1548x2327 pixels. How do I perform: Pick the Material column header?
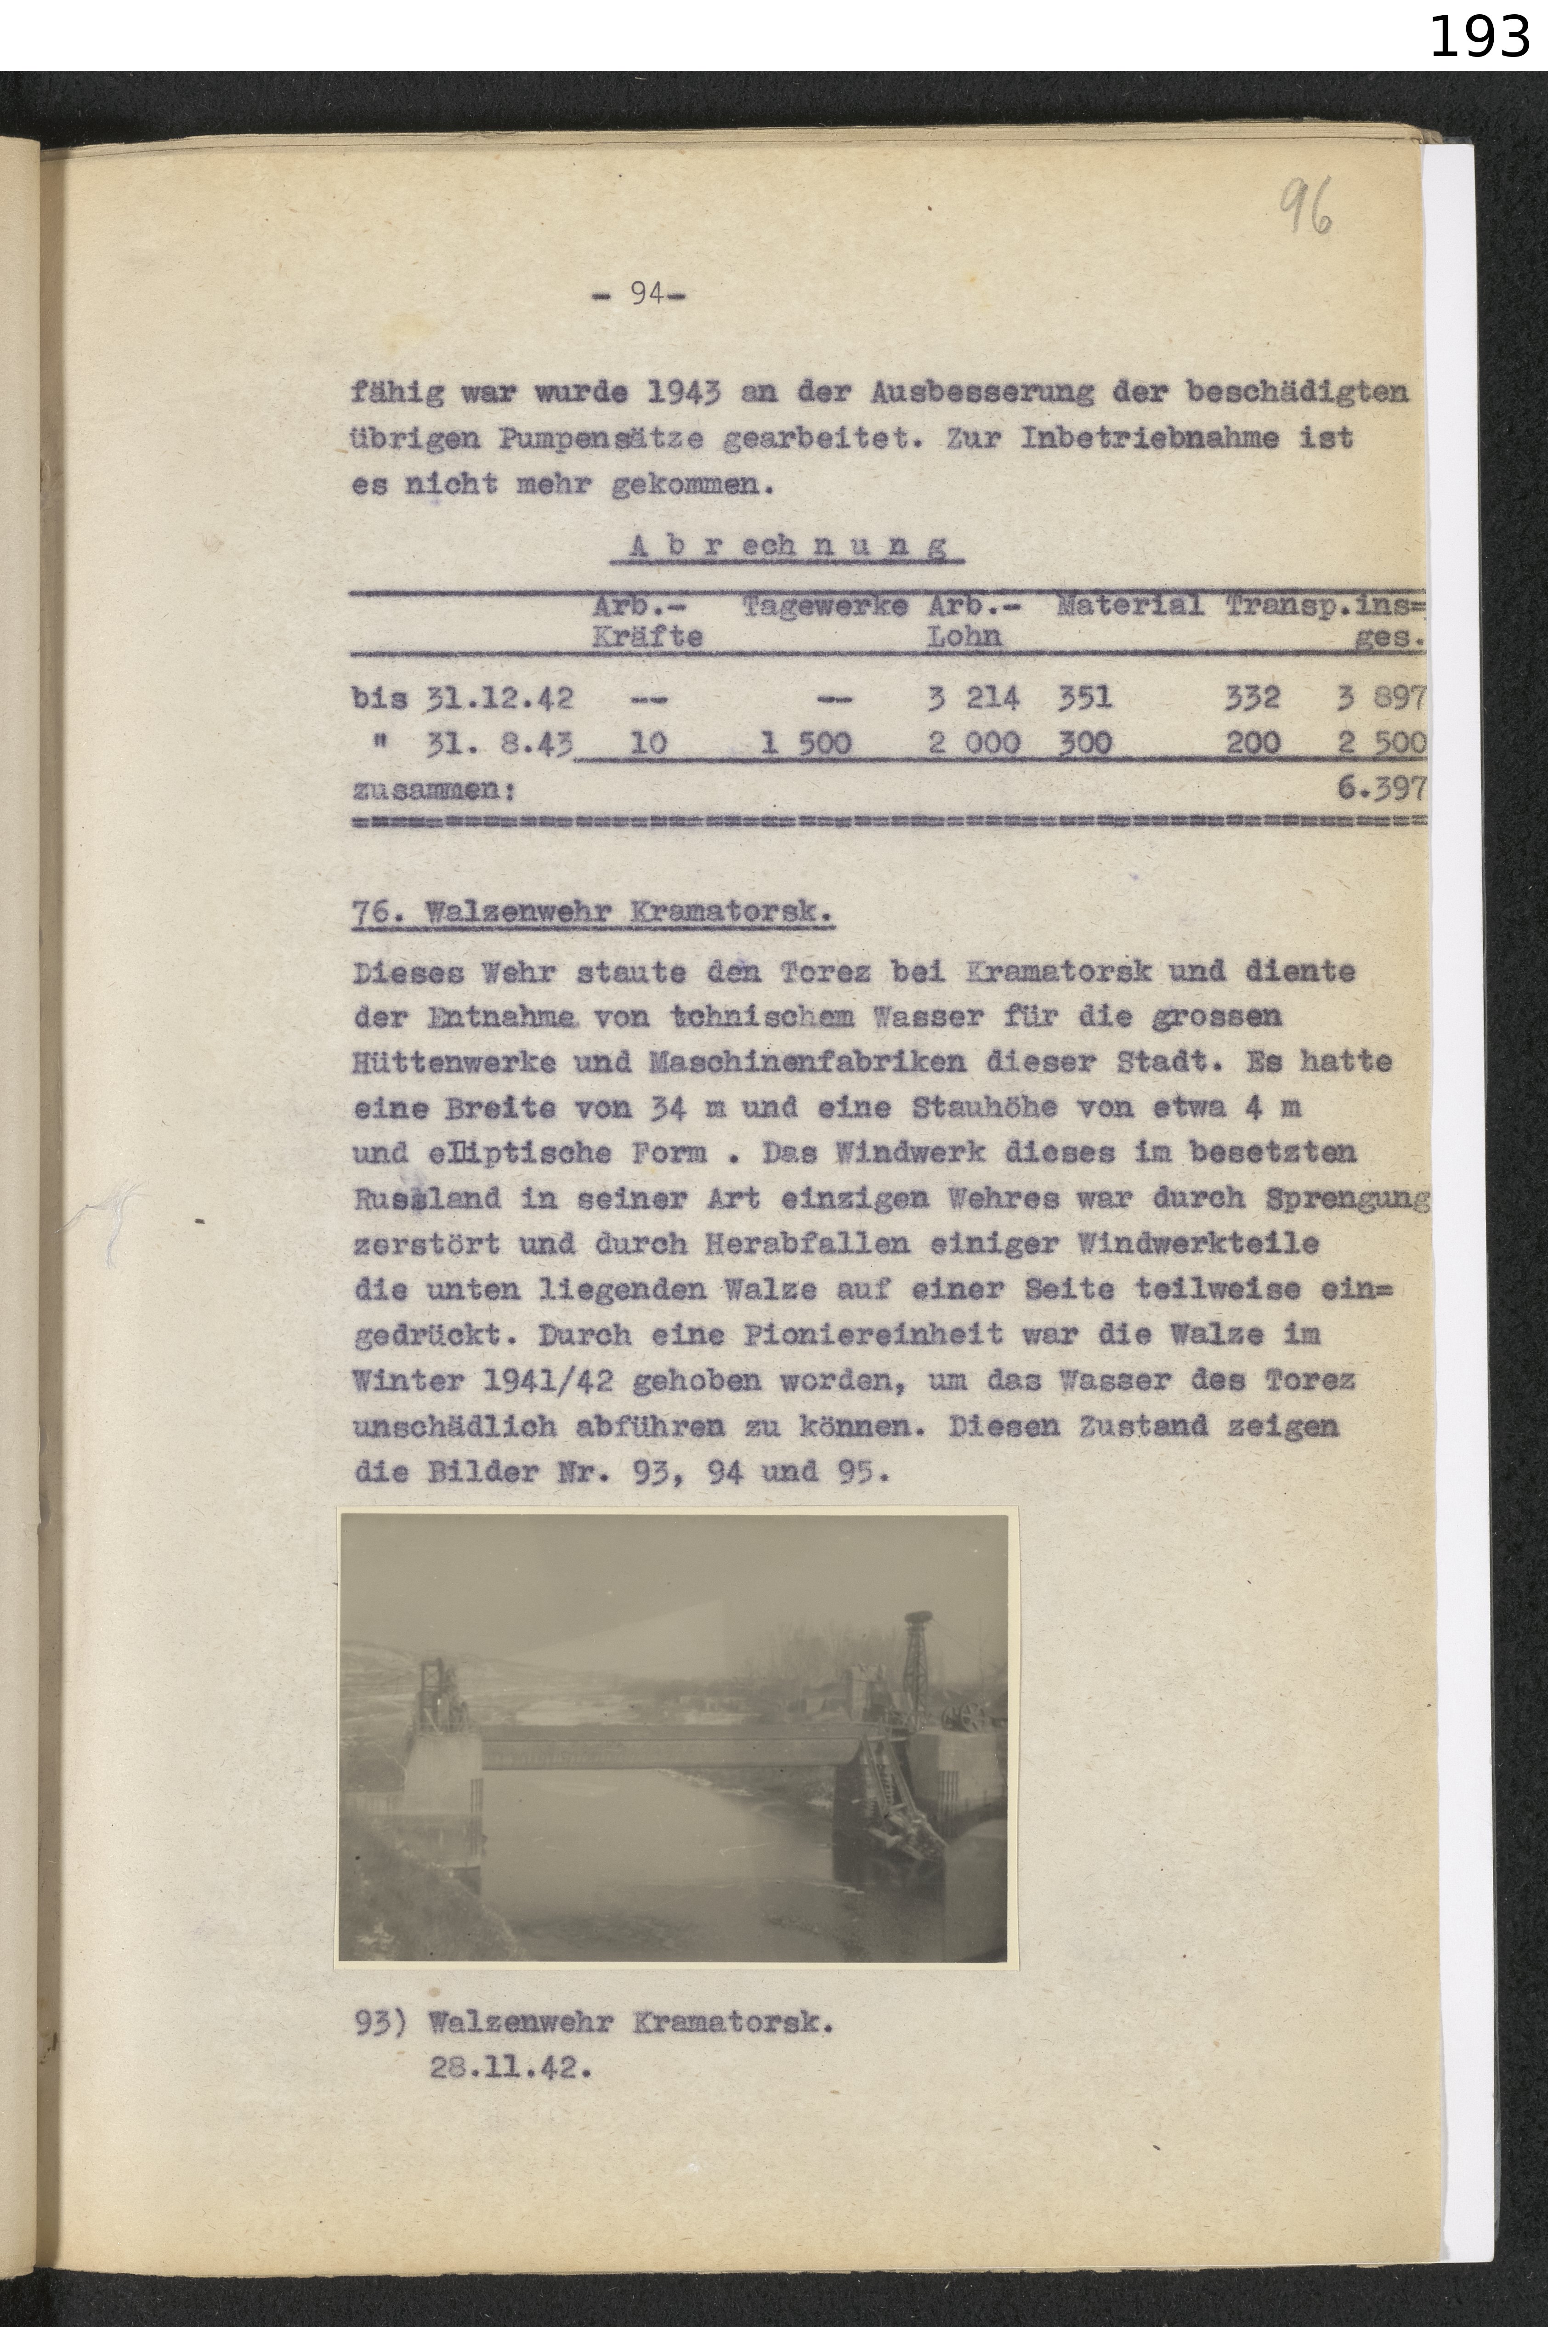click(x=1128, y=605)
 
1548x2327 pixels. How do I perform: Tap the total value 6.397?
click(x=1387, y=788)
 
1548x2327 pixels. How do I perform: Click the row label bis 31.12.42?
click(x=462, y=698)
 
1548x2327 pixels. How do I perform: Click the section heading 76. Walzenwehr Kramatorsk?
click(x=592, y=913)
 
